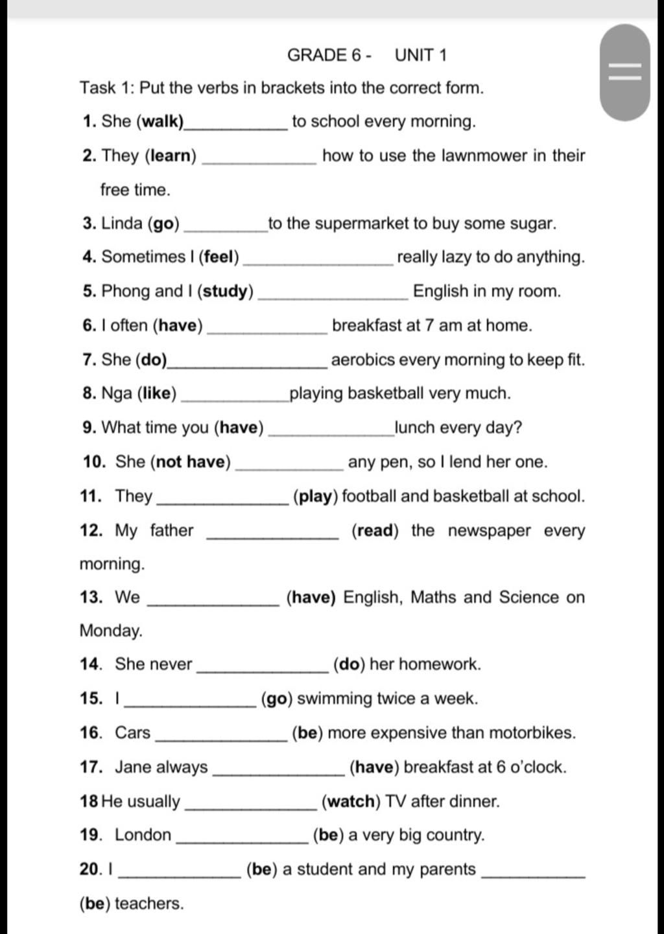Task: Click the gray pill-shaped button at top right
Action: tap(624, 72)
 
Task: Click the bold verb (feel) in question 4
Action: tap(219, 257)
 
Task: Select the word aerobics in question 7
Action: tap(363, 360)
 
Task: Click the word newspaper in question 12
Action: tap(490, 531)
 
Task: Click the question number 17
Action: tap(91, 767)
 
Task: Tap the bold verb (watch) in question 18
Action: tap(351, 802)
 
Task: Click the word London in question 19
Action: tap(143, 835)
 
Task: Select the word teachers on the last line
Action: tap(149, 904)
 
